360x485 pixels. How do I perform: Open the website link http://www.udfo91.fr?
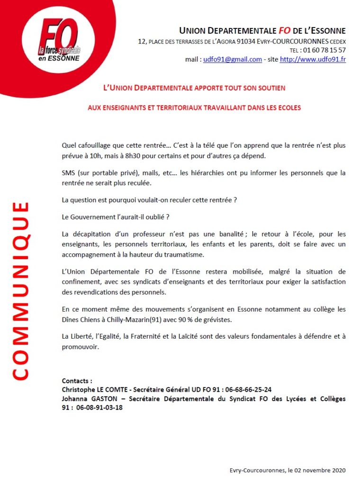[x=313, y=59]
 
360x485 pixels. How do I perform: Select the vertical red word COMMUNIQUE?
[x=19, y=291]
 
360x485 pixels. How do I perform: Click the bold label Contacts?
[x=76, y=381]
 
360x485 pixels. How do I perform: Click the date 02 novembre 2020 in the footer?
[x=317, y=471]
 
